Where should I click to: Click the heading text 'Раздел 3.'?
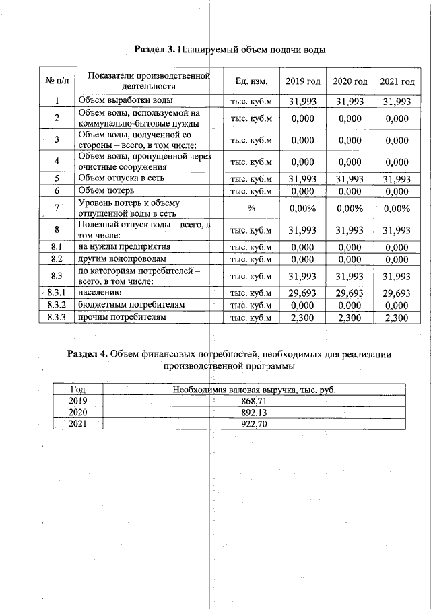point(155,50)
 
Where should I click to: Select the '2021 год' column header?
point(397,81)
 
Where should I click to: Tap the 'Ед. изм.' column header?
point(251,81)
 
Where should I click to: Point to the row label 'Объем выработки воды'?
point(121,101)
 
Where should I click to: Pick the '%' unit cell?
point(251,208)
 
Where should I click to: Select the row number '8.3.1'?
point(57,293)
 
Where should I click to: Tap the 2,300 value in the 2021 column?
point(397,317)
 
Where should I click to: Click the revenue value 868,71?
point(253,400)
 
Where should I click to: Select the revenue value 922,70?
point(253,424)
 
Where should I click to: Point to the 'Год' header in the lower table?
point(77,389)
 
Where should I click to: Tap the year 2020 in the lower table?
point(77,413)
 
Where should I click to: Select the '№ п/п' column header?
point(57,81)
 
